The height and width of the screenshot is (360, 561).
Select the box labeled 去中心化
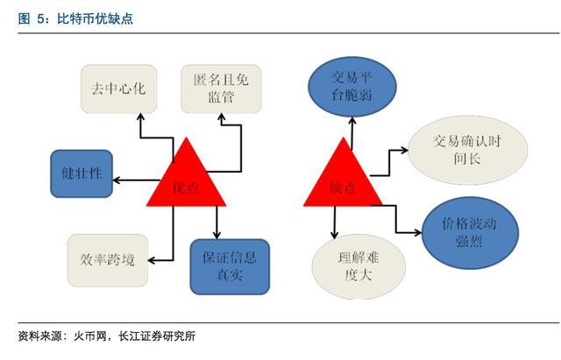(118, 88)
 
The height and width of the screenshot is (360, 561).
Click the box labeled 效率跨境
(104, 260)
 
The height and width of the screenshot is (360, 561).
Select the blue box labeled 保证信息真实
(229, 266)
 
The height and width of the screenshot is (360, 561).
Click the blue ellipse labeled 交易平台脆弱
(348, 87)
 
